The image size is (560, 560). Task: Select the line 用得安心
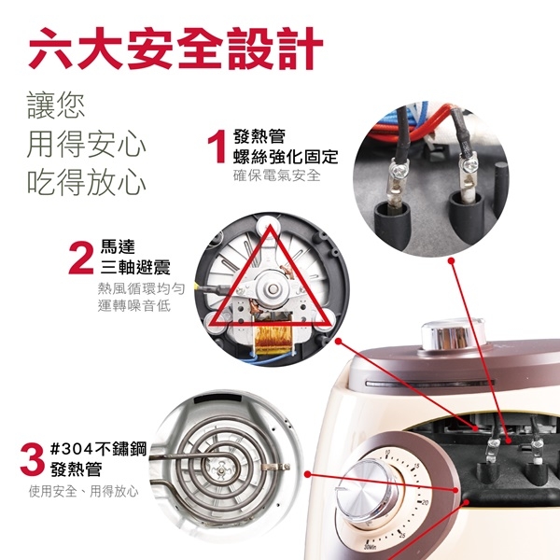click(x=86, y=143)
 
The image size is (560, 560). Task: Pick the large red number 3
click(x=32, y=460)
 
